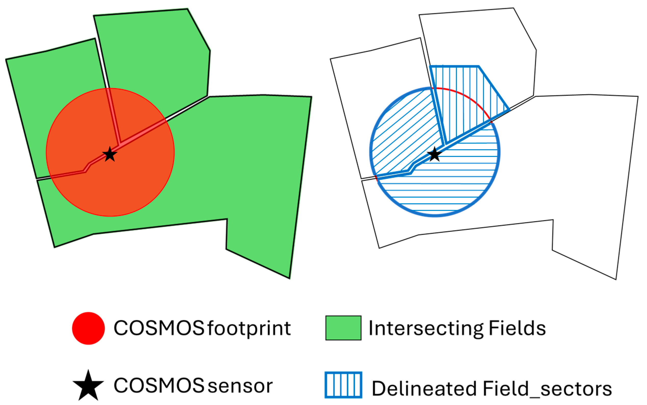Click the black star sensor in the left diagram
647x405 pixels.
pos(110,155)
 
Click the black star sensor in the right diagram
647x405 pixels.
pos(434,155)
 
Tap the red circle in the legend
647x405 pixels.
pos(88,328)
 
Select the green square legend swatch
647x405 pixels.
pos(343,328)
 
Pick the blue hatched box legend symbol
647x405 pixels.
pos(343,385)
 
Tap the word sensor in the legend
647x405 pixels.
pos(240,386)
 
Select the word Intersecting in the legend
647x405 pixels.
pos(426,328)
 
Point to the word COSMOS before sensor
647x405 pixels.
pos(159,386)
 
